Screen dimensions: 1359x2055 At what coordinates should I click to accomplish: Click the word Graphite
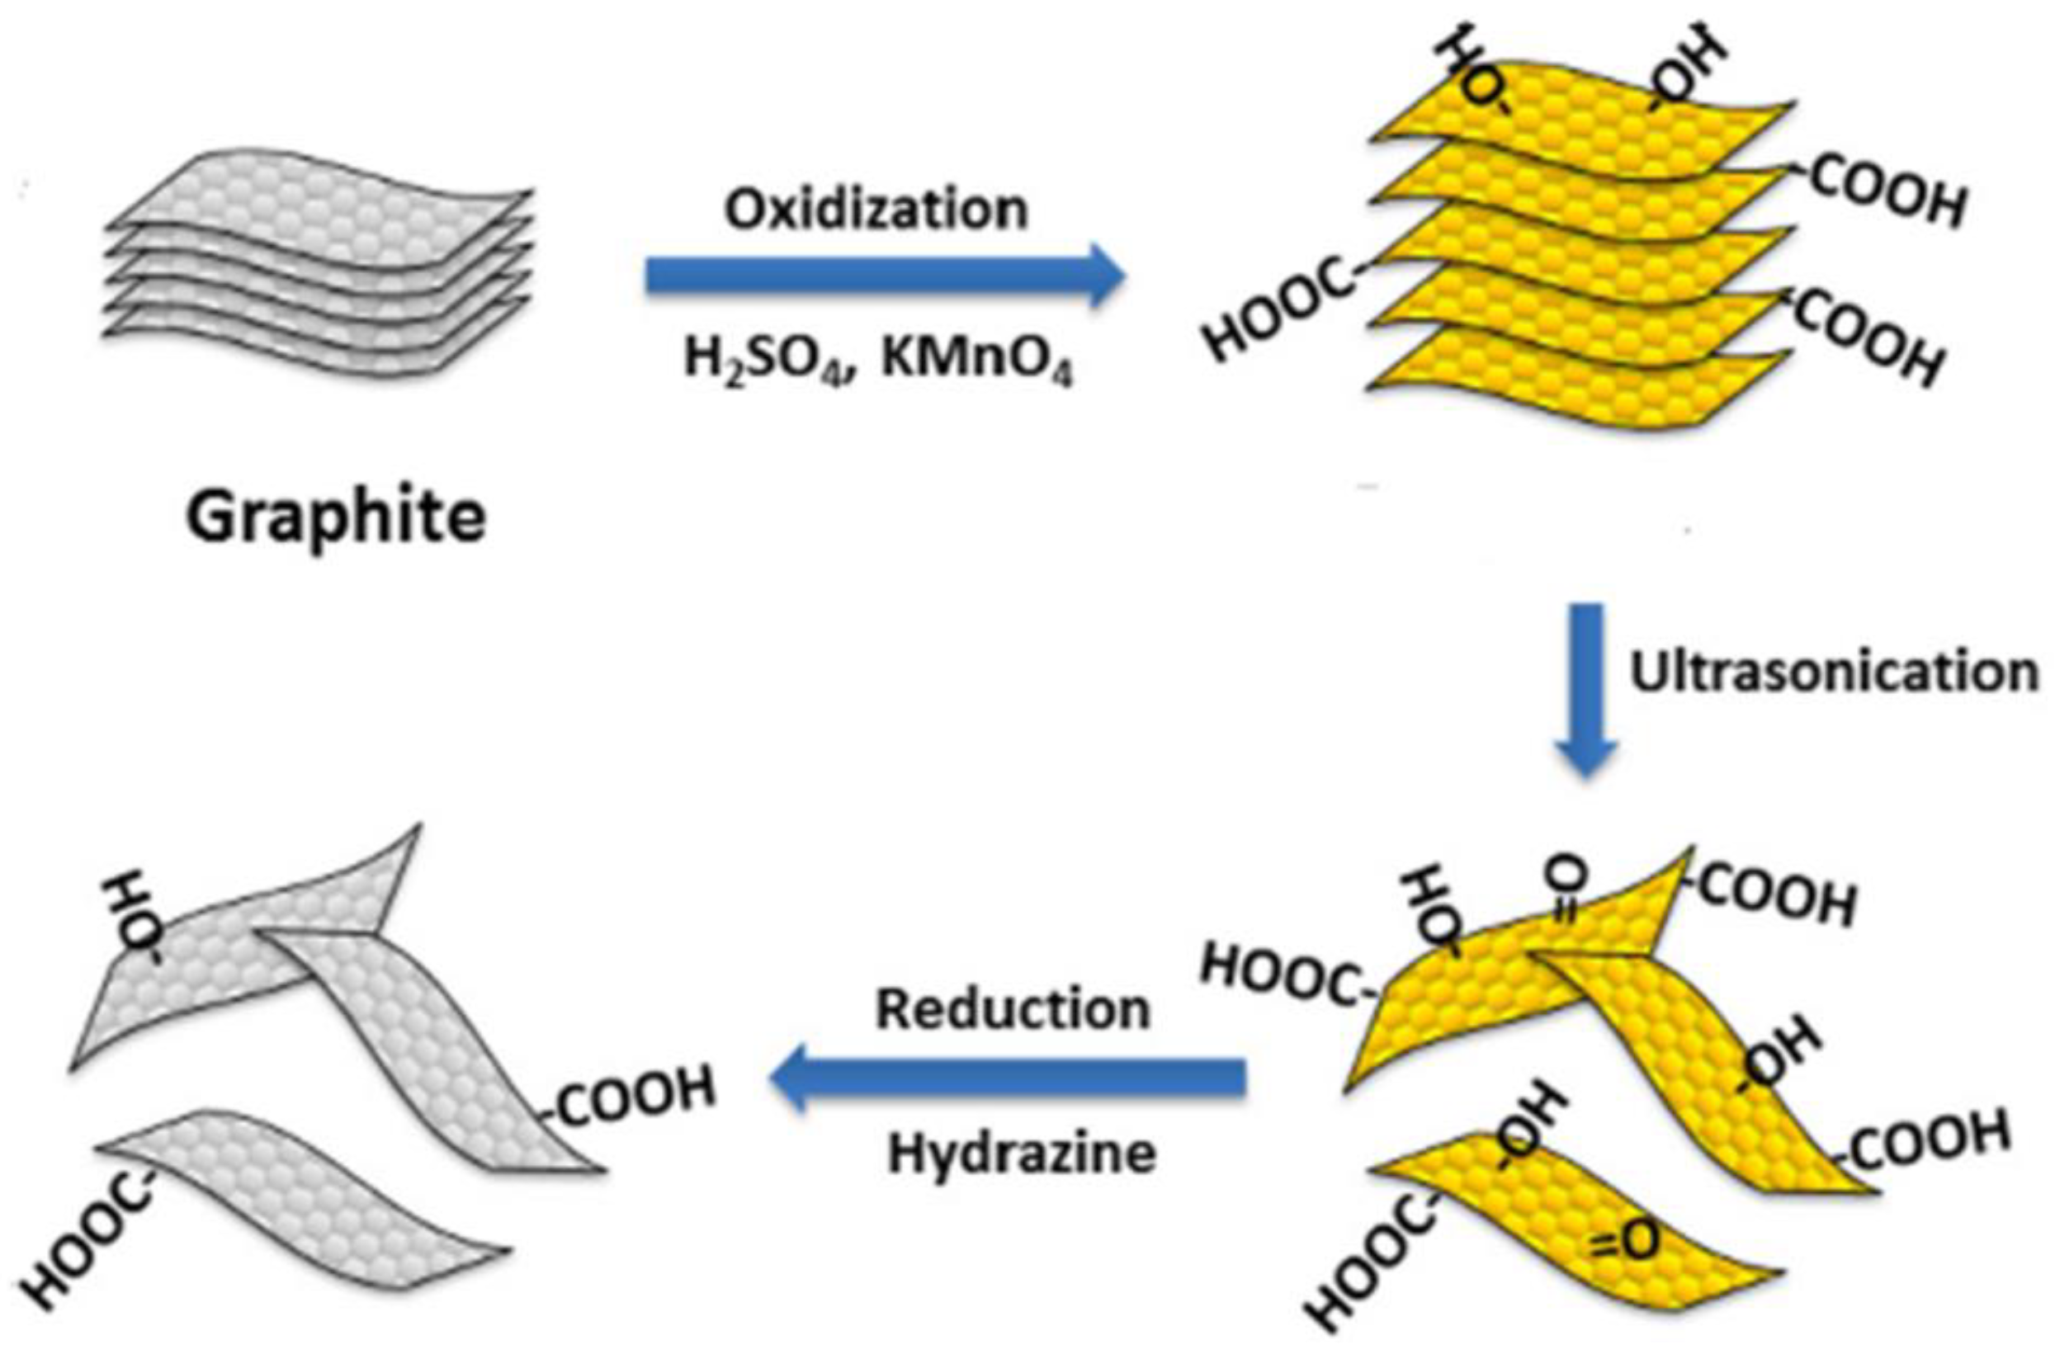coord(336,518)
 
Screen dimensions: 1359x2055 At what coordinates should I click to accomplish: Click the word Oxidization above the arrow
coord(876,210)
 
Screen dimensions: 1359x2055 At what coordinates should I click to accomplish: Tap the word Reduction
coord(1013,1010)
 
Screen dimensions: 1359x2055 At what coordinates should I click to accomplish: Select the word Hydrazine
coord(1022,1154)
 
